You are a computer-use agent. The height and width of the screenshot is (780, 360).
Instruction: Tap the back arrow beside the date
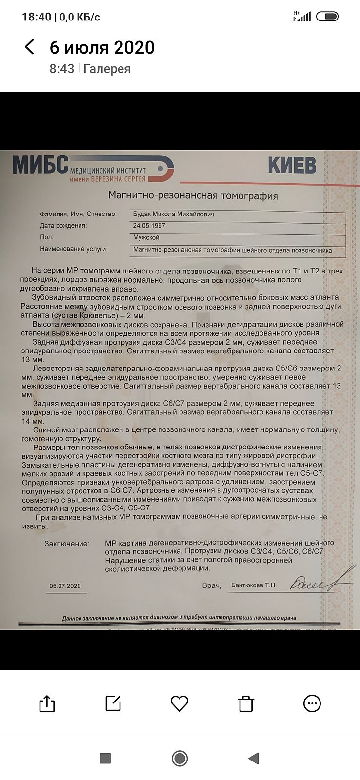pos(30,47)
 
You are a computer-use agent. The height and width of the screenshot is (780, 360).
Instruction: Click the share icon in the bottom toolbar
pos(47,703)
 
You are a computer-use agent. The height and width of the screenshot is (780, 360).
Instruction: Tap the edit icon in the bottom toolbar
pos(113,703)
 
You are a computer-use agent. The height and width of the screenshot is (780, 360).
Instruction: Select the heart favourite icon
pos(180,703)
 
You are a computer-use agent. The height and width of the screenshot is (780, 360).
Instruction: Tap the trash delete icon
pos(246,703)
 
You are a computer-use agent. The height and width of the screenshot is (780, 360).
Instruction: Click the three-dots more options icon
pos(312,703)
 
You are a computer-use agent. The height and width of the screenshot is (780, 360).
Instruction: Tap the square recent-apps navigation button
pos(105,758)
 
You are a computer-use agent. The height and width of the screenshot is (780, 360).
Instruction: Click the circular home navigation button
pos(180,758)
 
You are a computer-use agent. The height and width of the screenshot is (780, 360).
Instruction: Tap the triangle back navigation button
pos(253,758)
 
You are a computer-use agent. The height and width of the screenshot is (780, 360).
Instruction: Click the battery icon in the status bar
pos(327,17)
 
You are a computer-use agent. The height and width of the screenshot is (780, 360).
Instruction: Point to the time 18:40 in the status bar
pos(37,17)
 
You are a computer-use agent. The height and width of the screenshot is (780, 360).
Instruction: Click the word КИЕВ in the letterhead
pos(292,166)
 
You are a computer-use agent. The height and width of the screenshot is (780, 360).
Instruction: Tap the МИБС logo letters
pos(40,165)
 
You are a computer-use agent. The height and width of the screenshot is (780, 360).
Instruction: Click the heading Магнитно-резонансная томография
pos(193,196)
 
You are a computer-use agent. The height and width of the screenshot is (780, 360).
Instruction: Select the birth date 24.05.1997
pos(149,226)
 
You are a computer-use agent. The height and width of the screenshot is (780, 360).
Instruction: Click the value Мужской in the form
pos(146,237)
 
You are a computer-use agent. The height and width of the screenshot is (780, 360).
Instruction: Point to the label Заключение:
pos(67,543)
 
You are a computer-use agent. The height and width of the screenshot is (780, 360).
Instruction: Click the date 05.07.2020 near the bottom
pos(65,586)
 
